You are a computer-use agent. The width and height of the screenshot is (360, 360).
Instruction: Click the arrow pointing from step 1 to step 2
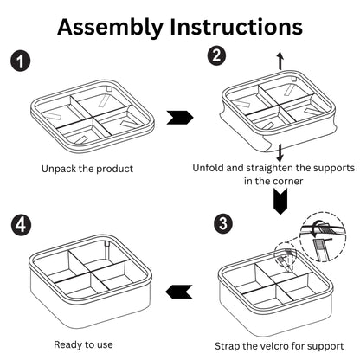pyautogui.click(x=178, y=116)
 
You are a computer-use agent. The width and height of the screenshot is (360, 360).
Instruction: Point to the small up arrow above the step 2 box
pyautogui.click(x=279, y=60)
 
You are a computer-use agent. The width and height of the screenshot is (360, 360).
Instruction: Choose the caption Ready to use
pyautogui.click(x=83, y=344)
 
